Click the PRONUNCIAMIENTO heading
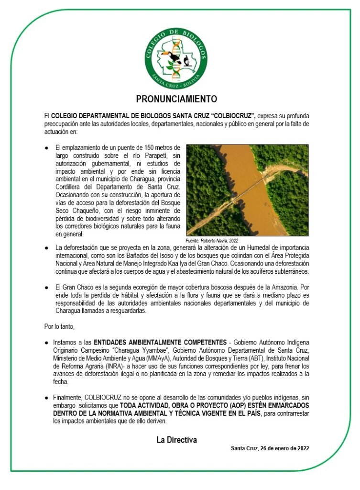click(176, 99)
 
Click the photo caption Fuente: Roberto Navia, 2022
click(211, 240)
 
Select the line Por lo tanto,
click(59, 327)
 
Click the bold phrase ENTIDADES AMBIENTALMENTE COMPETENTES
click(160, 343)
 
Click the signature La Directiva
click(176, 440)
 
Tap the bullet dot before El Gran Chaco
click(46, 288)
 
